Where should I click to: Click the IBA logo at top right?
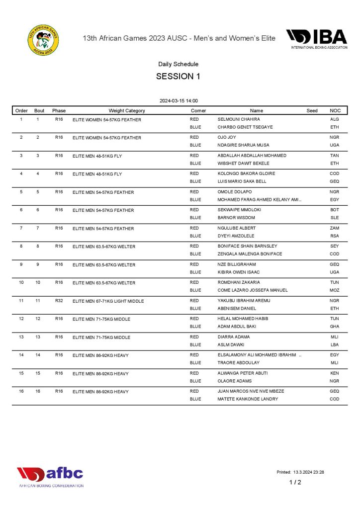[316, 39]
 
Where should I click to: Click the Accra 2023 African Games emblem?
[43, 39]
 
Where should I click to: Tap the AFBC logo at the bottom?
[50, 476]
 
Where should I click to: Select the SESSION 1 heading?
[178, 77]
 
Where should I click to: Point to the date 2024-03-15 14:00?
[179, 101]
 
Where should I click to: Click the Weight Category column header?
[127, 111]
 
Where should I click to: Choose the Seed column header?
[312, 111]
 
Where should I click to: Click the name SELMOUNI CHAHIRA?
[239, 119]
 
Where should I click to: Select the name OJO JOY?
[227, 137]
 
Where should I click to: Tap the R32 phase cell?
[59, 301]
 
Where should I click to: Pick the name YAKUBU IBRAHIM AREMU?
[243, 301]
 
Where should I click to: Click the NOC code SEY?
[334, 246]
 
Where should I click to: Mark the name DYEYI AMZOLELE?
[237, 236]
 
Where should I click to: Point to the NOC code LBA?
[334, 344]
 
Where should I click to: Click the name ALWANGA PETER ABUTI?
[243, 373]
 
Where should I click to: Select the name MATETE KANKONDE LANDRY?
[248, 399]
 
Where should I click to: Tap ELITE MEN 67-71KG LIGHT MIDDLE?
[108, 301]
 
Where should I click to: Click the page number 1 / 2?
[295, 482]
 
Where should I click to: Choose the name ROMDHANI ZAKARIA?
[239, 282]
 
